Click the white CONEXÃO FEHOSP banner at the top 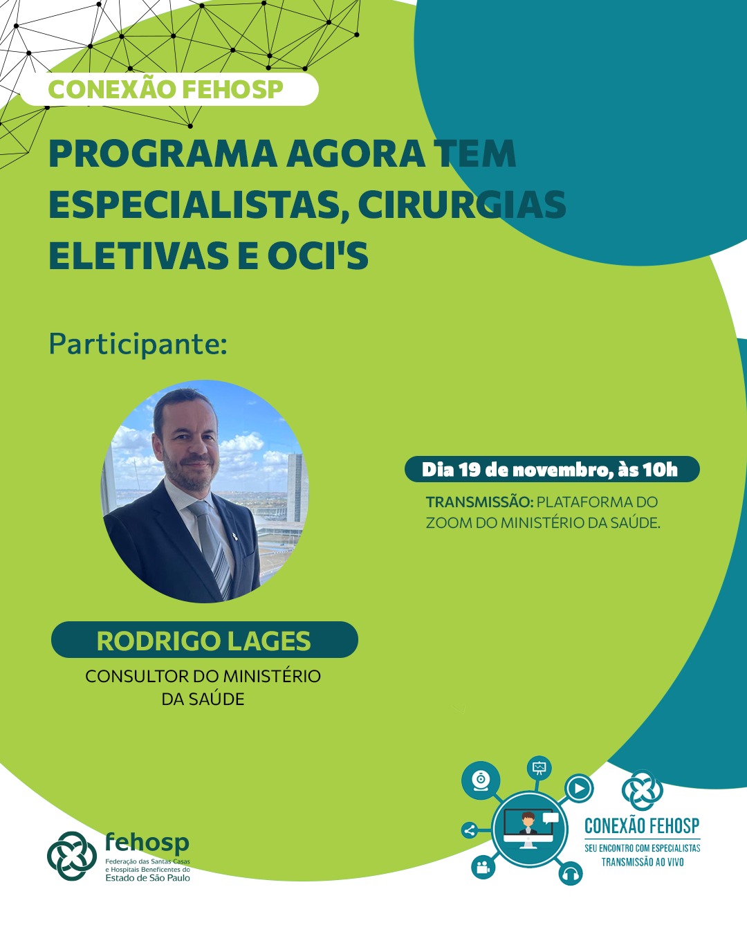[x=169, y=89]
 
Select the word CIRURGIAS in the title [x=462, y=204]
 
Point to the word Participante [x=138, y=345]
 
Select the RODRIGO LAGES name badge [x=205, y=640]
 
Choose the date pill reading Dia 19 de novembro [x=552, y=469]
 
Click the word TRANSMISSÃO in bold [x=479, y=502]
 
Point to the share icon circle [x=469, y=831]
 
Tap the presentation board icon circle [x=539, y=768]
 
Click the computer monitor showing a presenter [x=528, y=830]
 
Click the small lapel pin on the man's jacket [x=235, y=537]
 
